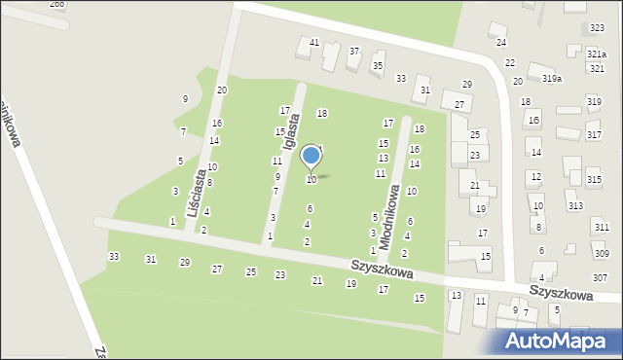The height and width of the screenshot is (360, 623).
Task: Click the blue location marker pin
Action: point(311,157)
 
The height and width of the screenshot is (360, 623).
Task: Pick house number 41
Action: point(314,43)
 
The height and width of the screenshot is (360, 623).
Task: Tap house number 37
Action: point(354,51)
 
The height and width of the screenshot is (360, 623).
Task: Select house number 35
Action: point(378,65)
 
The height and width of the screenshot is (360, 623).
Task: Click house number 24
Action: point(501,43)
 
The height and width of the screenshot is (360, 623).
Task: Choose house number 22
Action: point(510,62)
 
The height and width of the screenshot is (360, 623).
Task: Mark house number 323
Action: point(597,28)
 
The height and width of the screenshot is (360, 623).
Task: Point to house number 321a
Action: point(597,54)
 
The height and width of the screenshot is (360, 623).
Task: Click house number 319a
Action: point(552,78)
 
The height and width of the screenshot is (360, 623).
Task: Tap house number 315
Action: point(594,179)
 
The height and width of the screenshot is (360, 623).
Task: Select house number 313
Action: point(575,205)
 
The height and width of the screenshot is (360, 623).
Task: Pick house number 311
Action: point(600,227)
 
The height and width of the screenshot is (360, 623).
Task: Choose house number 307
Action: point(600,278)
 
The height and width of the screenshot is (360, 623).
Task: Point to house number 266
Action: point(57,4)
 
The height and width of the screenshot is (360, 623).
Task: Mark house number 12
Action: point(535,176)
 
